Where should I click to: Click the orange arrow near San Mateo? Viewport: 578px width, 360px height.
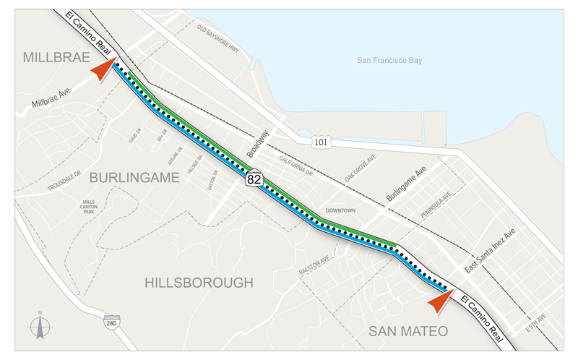[441, 296]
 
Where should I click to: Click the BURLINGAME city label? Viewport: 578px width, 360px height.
[134, 177]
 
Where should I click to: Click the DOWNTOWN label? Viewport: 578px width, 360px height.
[340, 210]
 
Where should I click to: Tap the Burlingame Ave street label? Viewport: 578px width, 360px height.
[407, 187]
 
